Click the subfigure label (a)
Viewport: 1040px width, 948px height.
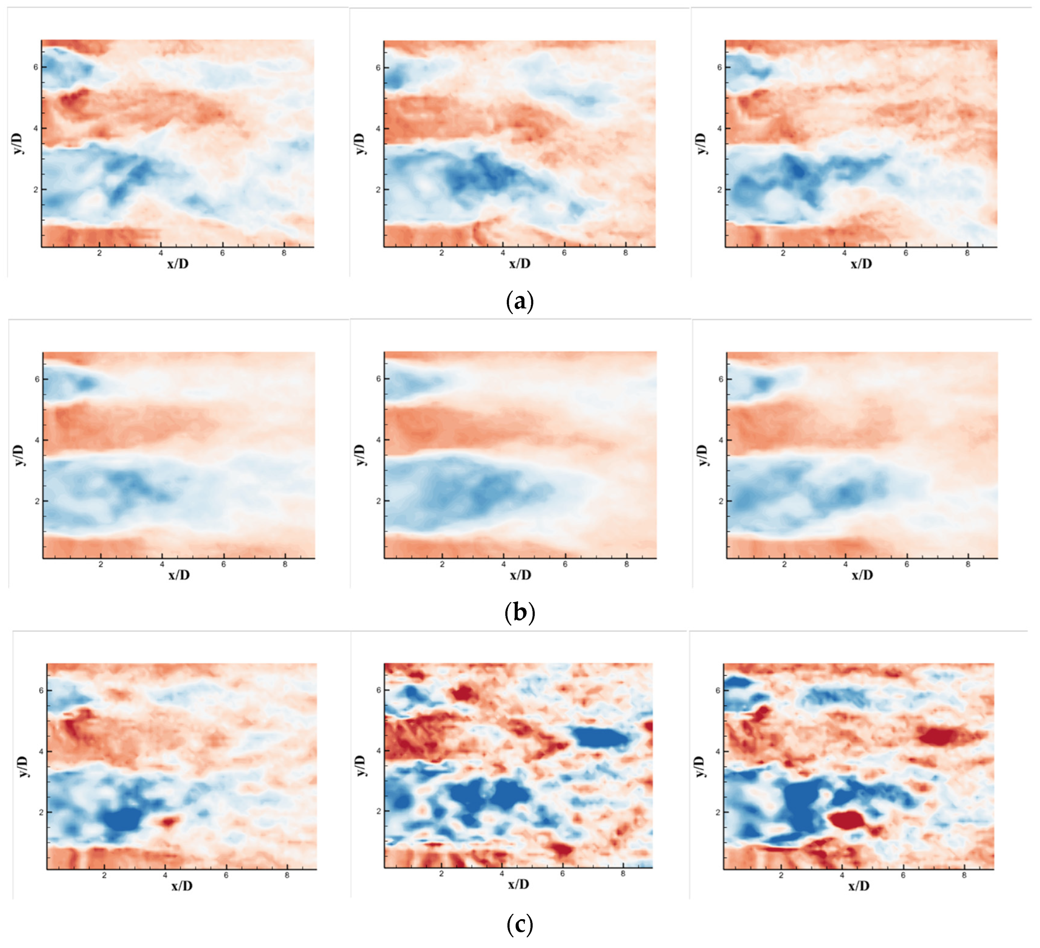(520, 301)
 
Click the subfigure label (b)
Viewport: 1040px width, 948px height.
(520, 613)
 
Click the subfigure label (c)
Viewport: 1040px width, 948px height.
(520, 925)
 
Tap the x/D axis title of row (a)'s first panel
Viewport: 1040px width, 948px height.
(178, 264)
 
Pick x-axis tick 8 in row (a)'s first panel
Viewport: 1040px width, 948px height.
(284, 253)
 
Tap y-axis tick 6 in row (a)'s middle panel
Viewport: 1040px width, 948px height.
(378, 68)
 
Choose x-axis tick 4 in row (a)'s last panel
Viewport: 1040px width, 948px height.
(845, 253)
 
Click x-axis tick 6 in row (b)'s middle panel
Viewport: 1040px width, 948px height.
(565, 564)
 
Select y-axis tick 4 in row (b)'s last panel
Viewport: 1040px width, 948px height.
(721, 440)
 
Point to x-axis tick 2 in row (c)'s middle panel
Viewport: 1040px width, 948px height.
(441, 874)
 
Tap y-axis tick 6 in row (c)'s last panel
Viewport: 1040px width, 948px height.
(717, 690)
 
